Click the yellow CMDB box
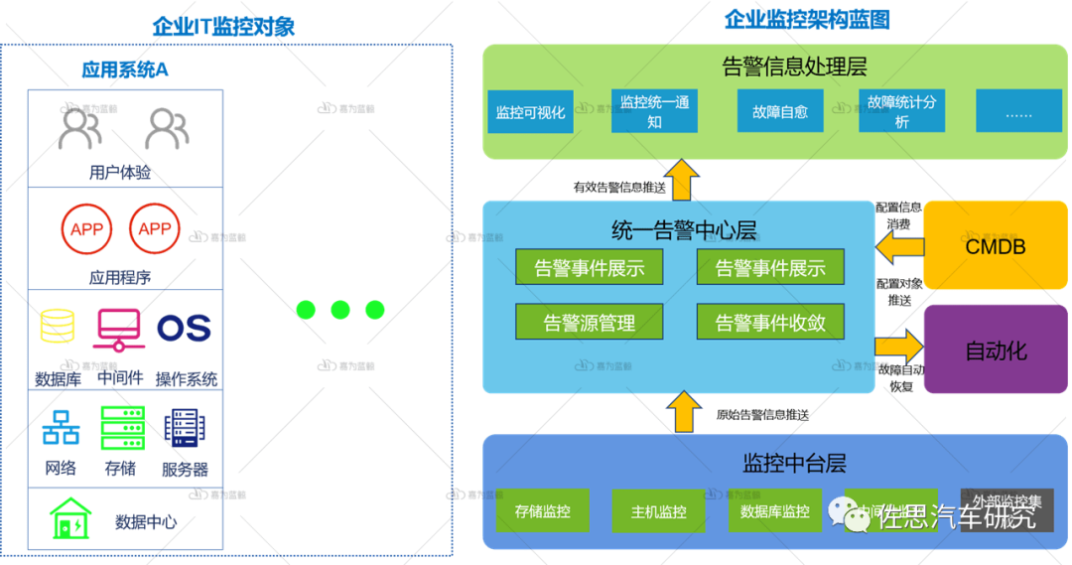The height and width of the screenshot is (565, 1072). click(996, 246)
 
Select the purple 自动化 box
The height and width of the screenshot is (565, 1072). click(996, 351)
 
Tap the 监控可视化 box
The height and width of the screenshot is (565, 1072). click(530, 111)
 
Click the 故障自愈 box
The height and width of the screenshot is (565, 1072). click(780, 111)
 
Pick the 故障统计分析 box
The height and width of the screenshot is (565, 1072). click(901, 111)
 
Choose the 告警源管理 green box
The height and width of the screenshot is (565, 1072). click(590, 322)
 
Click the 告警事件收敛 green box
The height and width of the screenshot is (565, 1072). click(770, 322)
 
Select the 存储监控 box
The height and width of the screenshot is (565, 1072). click(542, 511)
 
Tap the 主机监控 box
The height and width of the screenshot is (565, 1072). click(658, 511)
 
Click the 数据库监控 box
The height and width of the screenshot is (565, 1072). click(774, 511)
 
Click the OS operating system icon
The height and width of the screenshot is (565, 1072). click(184, 328)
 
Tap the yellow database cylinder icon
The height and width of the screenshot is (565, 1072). click(57, 327)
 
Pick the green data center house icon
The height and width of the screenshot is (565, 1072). click(70, 518)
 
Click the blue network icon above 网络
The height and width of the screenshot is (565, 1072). click(61, 428)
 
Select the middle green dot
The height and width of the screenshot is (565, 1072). click(340, 310)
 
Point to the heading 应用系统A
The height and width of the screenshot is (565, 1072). click(125, 70)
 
